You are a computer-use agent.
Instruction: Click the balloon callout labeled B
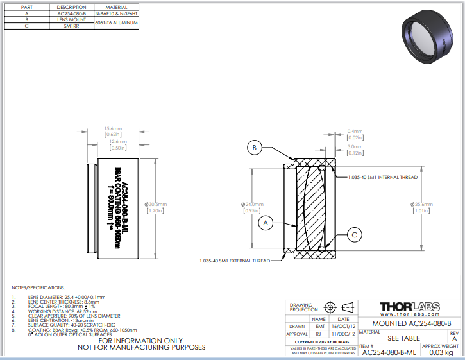pyautogui.click(x=254, y=148)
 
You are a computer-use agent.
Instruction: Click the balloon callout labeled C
pyautogui.click(x=354, y=236)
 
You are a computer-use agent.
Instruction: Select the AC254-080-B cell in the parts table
pyautogui.click(x=71, y=13)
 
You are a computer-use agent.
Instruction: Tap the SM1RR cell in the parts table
pyautogui.click(x=71, y=26)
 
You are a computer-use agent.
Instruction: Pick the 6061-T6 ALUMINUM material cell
pyautogui.click(x=116, y=22)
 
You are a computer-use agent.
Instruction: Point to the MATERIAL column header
pyautogui.click(x=116, y=7)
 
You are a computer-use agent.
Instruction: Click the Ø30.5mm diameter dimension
pyautogui.click(x=156, y=204)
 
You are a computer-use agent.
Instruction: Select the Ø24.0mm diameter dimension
pyautogui.click(x=250, y=204)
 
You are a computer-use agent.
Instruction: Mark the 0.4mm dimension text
pyautogui.click(x=355, y=131)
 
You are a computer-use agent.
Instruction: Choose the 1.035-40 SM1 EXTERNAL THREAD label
pyautogui.click(x=234, y=261)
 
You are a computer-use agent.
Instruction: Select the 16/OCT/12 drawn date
pyautogui.click(x=343, y=326)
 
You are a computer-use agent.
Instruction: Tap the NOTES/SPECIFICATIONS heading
pyautogui.click(x=39, y=287)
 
